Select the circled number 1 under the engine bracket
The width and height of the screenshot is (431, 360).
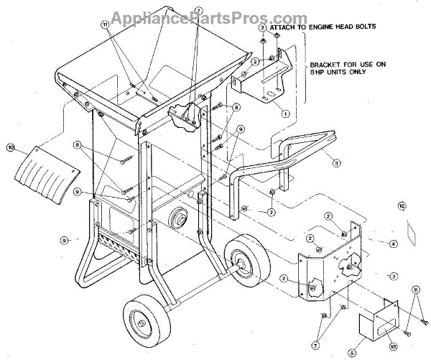pyautogui.click(x=285, y=113)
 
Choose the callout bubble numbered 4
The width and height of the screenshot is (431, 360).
pyautogui.click(x=393, y=244)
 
